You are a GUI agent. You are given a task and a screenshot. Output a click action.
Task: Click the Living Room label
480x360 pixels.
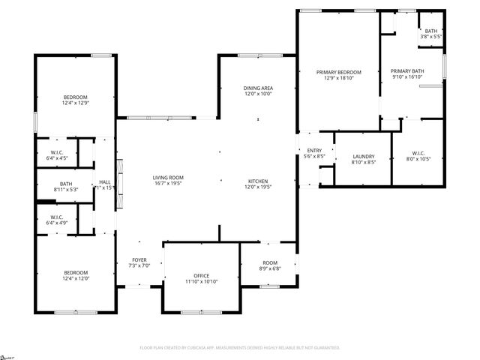pos(168,177)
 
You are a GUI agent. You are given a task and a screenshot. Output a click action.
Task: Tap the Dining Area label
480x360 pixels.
pos(258,88)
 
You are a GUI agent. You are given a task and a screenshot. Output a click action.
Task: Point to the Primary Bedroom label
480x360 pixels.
pos(343,72)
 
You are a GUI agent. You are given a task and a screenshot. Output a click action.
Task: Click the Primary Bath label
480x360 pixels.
pos(407,72)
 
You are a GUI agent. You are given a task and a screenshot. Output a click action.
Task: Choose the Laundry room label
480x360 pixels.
pos(363,156)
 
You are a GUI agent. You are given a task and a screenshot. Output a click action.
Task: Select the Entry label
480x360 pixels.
pos(314,151)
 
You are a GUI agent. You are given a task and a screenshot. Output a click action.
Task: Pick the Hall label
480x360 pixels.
pos(104,182)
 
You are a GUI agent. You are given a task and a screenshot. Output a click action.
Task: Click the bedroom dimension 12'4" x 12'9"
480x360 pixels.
pos(75,103)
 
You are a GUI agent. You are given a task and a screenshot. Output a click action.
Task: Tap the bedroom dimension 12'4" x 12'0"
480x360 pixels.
pos(75,278)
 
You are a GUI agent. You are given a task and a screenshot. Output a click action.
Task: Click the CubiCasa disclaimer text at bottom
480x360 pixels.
pos(240,348)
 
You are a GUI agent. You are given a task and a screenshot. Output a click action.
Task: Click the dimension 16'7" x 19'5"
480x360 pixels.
pos(168,183)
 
